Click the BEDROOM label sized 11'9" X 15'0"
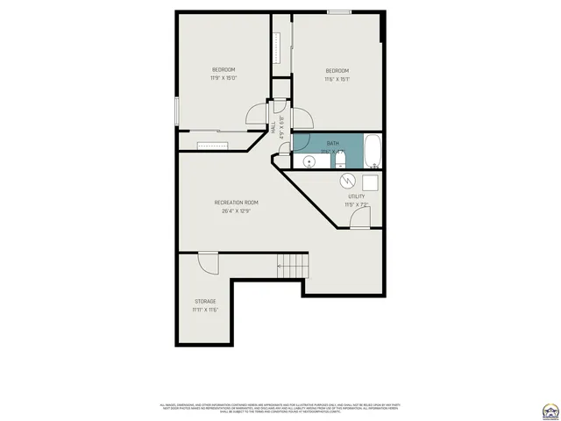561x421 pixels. [x=224, y=70]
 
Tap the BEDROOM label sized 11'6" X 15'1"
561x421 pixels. [x=337, y=71]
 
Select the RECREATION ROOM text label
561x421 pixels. [x=237, y=203]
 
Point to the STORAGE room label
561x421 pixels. [x=205, y=301]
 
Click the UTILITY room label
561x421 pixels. [x=357, y=196]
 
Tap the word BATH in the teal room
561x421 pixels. [x=333, y=143]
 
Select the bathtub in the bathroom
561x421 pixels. [x=373, y=152]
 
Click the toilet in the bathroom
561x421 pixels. [x=342, y=160]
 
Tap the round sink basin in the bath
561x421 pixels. [x=309, y=161]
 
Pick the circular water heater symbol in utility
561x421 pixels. [x=348, y=180]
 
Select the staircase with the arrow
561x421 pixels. [x=294, y=263]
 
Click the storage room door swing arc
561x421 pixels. [x=209, y=262]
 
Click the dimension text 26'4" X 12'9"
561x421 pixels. [x=237, y=211]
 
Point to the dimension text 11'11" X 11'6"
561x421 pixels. [x=205, y=310]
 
